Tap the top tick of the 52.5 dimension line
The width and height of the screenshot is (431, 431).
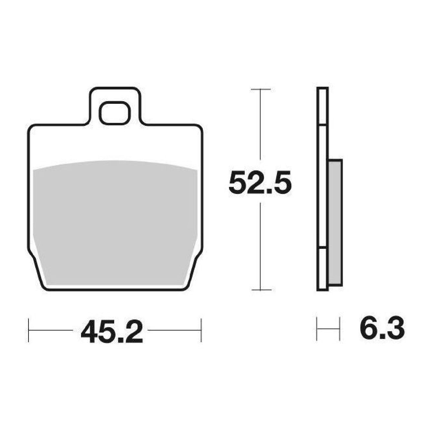point(261,89)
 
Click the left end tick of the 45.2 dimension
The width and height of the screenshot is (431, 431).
point(28,330)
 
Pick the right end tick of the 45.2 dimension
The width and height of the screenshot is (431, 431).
point(201,330)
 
